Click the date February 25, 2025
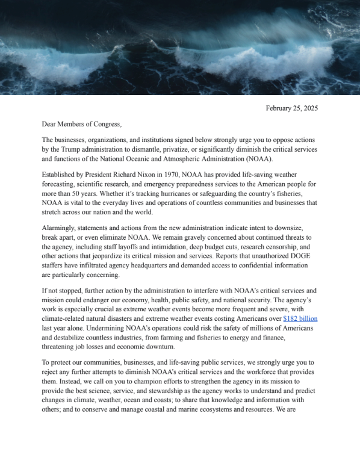[x=291, y=108]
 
